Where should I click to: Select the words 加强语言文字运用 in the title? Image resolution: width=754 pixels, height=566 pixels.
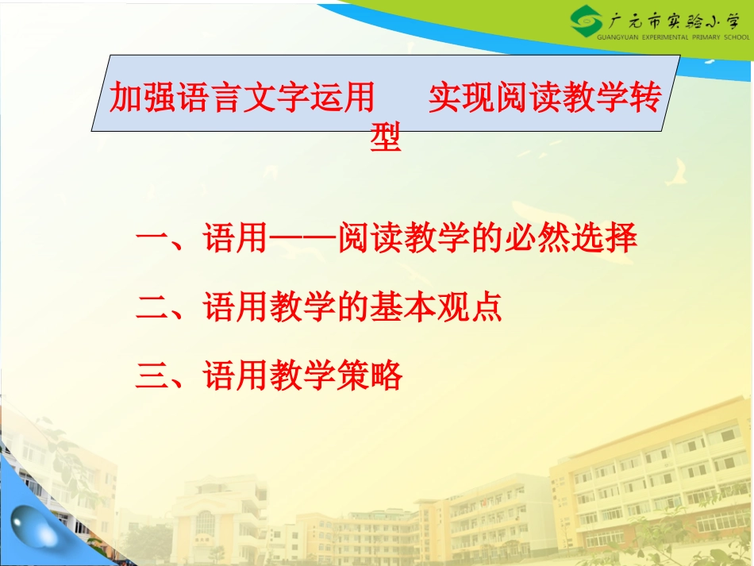[x=242, y=98]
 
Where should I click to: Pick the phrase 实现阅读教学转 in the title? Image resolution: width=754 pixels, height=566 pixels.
[x=544, y=98]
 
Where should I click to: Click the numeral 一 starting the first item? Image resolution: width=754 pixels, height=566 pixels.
[x=152, y=239]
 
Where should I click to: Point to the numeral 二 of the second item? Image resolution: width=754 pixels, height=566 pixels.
[x=152, y=308]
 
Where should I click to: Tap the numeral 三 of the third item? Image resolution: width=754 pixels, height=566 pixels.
[x=152, y=375]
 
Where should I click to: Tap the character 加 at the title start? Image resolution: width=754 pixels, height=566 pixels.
[x=125, y=98]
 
